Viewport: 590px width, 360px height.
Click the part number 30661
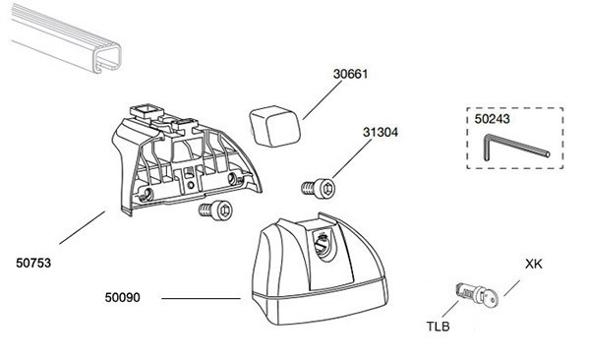click(350, 74)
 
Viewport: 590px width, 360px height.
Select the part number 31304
click(380, 132)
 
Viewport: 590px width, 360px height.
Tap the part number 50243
click(492, 119)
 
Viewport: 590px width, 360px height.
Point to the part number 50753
click(33, 263)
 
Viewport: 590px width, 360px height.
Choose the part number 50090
click(122, 297)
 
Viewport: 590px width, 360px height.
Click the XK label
click(534, 264)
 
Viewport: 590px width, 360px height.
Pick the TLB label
click(438, 327)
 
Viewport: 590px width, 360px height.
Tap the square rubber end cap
click(274, 126)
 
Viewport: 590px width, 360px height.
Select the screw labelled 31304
click(319, 188)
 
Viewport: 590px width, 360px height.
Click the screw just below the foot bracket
click(216, 210)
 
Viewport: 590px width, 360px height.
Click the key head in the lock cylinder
click(490, 298)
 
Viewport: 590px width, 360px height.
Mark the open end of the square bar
click(107, 58)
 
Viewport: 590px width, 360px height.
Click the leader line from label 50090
click(201, 299)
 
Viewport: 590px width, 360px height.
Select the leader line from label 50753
click(82, 228)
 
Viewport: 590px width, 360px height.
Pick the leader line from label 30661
click(323, 100)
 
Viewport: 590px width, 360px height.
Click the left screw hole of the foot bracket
click(147, 194)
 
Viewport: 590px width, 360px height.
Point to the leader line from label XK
click(511, 288)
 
